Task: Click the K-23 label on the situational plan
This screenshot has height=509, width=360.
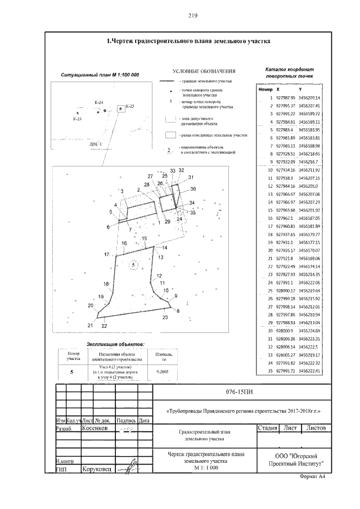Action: click(x=77, y=119)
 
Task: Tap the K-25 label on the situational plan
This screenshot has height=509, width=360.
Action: click(x=130, y=106)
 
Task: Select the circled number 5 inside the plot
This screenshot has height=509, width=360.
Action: click(x=133, y=264)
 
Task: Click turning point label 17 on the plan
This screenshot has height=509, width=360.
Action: click(x=106, y=255)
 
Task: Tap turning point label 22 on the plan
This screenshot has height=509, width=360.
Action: click(x=104, y=326)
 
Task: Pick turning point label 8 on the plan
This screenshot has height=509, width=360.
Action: click(x=178, y=310)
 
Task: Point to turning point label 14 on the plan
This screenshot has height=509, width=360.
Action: click(x=165, y=247)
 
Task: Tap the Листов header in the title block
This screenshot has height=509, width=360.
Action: click(x=317, y=428)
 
